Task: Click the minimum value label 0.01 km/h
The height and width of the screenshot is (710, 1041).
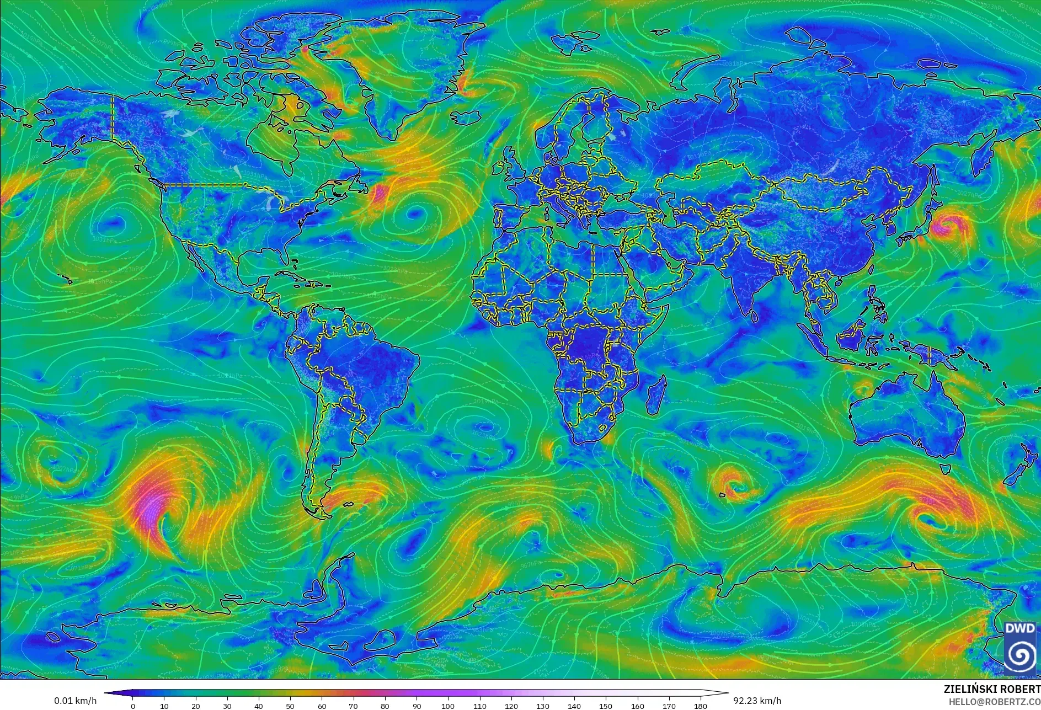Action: [x=75, y=701]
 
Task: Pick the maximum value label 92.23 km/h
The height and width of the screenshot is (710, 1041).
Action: [x=757, y=701]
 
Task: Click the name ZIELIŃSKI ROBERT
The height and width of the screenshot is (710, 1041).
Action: [x=992, y=689]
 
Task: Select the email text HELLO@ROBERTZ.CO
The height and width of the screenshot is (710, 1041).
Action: [x=994, y=702]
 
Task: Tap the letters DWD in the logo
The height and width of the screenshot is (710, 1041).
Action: [x=1019, y=628]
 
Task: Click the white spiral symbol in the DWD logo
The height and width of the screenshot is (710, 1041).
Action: [x=1019, y=655]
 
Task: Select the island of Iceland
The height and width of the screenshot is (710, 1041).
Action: [x=466, y=118]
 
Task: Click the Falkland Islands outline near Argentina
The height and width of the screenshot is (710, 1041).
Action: [x=347, y=504]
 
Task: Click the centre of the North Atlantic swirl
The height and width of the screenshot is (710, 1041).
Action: [x=413, y=214]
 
